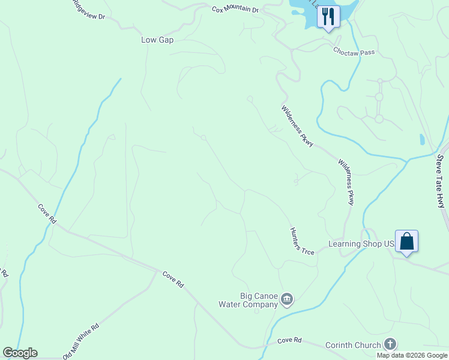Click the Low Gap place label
(x=157, y=40)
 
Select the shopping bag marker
(x=406, y=242)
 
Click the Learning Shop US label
(x=361, y=244)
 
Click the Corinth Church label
(x=353, y=345)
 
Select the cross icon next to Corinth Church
(x=390, y=344)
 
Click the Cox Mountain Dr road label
(x=235, y=10)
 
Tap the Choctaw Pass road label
(x=354, y=52)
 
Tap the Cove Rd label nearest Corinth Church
(x=289, y=340)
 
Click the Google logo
(x=20, y=353)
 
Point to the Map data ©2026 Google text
(x=412, y=355)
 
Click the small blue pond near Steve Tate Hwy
(x=422, y=140)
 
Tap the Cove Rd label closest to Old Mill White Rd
(x=173, y=279)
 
